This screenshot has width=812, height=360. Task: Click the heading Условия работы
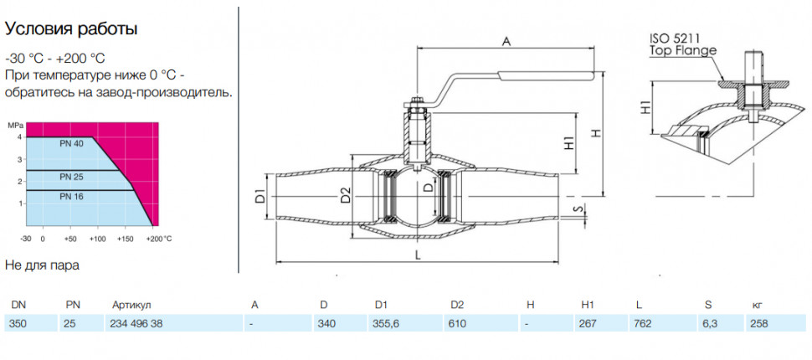point(71,29)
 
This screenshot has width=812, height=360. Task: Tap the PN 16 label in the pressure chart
point(71,197)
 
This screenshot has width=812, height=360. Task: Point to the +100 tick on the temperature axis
point(98,239)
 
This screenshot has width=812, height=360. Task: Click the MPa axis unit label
point(17,126)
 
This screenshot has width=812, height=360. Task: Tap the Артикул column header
point(131,305)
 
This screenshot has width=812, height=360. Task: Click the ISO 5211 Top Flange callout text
point(683,44)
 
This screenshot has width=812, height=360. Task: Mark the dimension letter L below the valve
point(418,255)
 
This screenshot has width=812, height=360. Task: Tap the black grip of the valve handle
point(546,75)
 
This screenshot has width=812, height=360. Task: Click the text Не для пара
point(43,265)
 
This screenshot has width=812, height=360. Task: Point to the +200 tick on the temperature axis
point(157,239)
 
